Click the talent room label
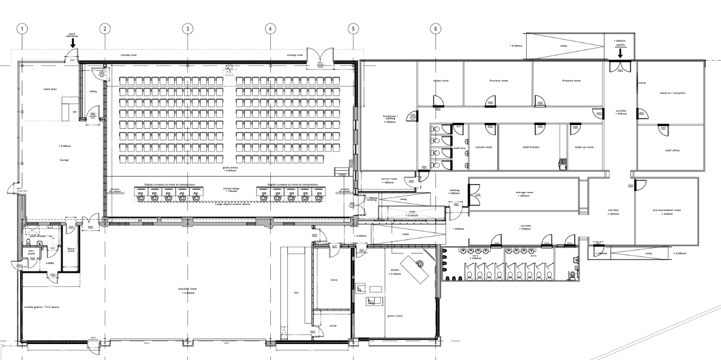point(441,81)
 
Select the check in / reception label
point(672,93)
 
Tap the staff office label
point(672,150)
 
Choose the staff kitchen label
point(531,147)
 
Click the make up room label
point(584,147)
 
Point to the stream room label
point(483,147)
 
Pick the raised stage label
point(231,189)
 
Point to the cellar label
point(333,326)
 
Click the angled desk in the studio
point(417,264)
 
